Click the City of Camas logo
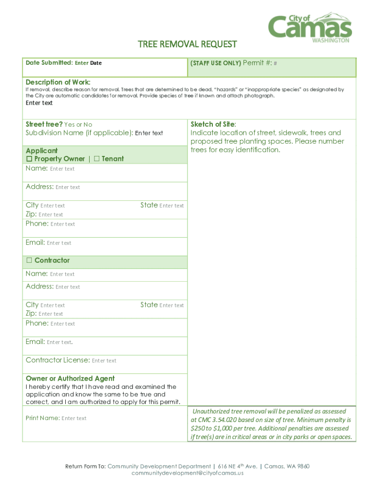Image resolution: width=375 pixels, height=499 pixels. point(310,27)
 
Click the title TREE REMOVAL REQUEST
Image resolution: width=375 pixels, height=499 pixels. point(187,44)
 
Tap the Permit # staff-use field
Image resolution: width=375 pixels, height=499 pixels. point(275,63)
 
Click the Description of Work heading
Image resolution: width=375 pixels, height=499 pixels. point(58,82)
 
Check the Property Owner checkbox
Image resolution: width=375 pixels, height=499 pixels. point(29,159)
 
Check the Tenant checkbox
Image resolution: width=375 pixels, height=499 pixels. point(96,159)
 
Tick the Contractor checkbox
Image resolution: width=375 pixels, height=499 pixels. point(29,261)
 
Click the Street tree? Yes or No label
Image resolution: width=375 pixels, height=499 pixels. point(59,124)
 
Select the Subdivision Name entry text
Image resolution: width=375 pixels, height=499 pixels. point(149,133)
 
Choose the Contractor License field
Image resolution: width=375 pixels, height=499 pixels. point(104,361)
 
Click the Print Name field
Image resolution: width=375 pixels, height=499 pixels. point(74,418)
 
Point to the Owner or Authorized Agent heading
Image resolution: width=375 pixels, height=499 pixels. point(70,379)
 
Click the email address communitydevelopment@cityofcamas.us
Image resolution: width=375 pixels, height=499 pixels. point(187,473)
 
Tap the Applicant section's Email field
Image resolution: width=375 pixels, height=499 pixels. point(59,243)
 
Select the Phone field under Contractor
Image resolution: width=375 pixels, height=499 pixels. point(62,324)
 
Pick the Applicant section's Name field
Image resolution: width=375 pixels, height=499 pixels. point(62,169)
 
